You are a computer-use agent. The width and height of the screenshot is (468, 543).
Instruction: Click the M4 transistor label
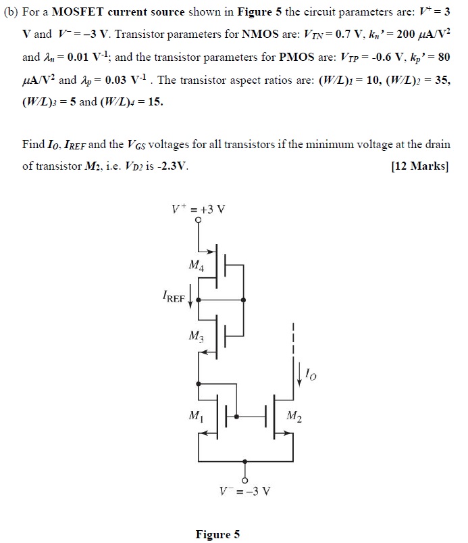pos(197,266)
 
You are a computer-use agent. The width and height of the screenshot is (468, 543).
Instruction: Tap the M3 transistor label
pos(197,335)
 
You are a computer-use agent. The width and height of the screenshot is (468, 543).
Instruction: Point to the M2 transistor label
pos(294,415)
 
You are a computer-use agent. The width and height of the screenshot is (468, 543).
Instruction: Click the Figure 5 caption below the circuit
pos(217,534)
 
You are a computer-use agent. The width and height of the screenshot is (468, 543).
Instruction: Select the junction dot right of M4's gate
pos(244,299)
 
